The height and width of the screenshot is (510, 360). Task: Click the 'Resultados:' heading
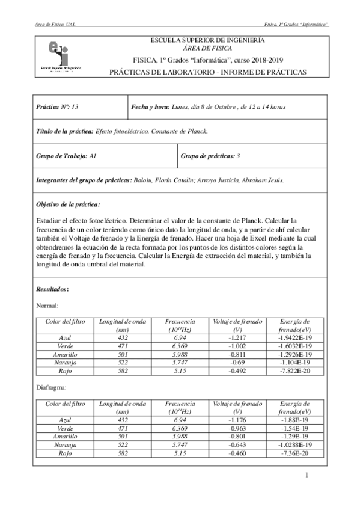pyautogui.click(x=53, y=289)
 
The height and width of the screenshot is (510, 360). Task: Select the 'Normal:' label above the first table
pyautogui.click(x=47, y=306)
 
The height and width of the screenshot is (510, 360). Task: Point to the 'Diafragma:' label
pyautogui.click(x=52, y=389)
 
